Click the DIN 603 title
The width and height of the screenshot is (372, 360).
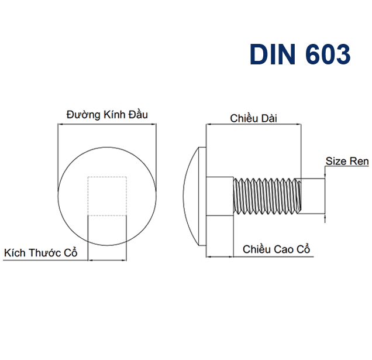tap(300, 54)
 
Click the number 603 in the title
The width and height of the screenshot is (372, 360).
tap(328, 54)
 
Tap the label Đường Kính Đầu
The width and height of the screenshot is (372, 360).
tap(107, 115)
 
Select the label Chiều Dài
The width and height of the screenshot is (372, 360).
tap(253, 118)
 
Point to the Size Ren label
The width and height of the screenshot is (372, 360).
tap(347, 161)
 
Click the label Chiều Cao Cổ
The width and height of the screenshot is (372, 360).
tap(277, 249)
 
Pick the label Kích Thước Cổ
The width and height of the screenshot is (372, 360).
tap(40, 252)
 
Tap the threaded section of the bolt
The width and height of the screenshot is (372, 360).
tap(267, 196)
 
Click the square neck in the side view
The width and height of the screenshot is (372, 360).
tap(220, 196)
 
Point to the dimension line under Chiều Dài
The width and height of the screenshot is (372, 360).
tap(254, 124)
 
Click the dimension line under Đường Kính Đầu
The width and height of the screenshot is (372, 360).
tap(107, 124)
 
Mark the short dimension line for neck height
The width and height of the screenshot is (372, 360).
tap(220, 257)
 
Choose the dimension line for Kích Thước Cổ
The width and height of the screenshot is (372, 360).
tap(107, 260)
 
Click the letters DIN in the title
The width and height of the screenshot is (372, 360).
tap(273, 54)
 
